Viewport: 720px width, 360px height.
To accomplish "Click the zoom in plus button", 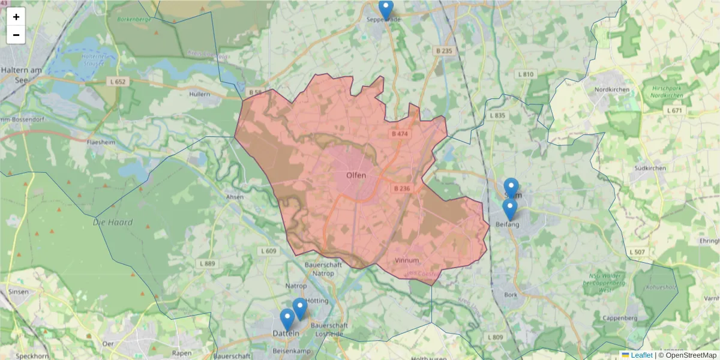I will [x=16, y=17].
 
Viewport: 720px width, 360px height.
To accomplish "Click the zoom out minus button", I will [x=16, y=35].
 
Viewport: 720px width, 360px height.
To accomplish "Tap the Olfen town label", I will [x=356, y=175].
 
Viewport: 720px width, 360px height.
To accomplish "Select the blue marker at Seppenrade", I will [x=386, y=9].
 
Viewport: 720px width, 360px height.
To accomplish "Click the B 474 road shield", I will [x=398, y=134].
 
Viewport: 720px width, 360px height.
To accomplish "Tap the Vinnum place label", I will [x=407, y=260].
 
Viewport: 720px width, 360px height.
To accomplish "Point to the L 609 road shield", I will [x=269, y=251].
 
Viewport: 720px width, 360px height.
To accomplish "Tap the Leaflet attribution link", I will [x=641, y=355].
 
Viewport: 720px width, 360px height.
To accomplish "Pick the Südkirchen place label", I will [x=650, y=168].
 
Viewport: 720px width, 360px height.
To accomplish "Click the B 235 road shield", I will [x=443, y=51].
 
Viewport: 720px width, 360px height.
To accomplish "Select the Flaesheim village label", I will [x=100, y=143].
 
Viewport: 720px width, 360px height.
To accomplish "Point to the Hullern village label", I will [x=199, y=94].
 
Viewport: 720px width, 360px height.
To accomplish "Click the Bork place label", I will [x=511, y=295].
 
